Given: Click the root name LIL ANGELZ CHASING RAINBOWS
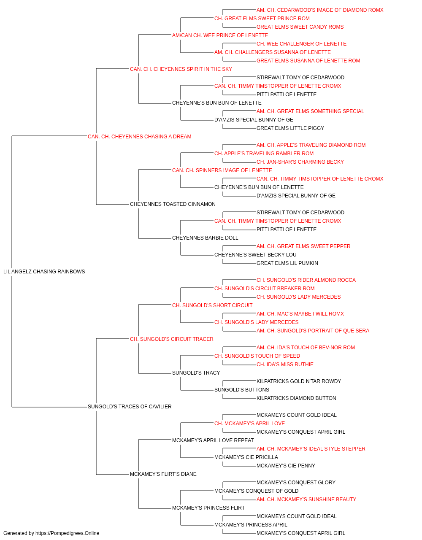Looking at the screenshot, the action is (x=44, y=272).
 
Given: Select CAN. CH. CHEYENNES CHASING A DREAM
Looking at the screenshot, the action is (x=139, y=137).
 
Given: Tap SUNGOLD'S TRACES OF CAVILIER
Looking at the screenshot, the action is (x=130, y=407).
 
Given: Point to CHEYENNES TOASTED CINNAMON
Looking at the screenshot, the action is (x=173, y=204).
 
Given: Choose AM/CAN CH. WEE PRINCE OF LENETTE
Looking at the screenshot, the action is (x=220, y=35).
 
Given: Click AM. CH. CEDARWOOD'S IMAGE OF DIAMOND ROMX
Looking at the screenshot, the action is (x=320, y=10).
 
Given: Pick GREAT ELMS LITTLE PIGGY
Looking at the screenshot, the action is (x=290, y=128).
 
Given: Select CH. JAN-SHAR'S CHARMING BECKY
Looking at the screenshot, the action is (x=300, y=162).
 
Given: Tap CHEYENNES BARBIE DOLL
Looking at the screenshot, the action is (x=205, y=238).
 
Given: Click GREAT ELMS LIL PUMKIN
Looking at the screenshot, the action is (x=287, y=263).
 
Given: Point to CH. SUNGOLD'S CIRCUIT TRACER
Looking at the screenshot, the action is (x=171, y=339).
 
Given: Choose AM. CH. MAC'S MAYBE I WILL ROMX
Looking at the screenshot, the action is (x=300, y=314).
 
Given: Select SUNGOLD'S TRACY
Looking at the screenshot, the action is (x=196, y=373).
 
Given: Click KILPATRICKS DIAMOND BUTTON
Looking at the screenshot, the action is (x=296, y=398).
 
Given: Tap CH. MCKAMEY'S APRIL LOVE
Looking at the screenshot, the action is (x=249, y=424).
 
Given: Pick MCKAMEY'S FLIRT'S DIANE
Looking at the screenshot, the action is (x=163, y=474).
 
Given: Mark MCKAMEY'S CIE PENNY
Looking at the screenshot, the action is (x=286, y=466).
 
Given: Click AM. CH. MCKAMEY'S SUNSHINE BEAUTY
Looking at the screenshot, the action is (x=306, y=499).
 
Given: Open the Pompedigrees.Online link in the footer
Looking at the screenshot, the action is (x=67, y=533).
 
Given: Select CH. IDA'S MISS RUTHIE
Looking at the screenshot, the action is (x=285, y=364).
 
